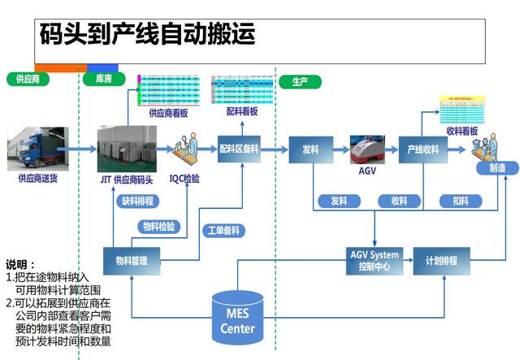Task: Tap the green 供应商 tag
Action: click(28, 80)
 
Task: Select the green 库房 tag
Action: click(103, 80)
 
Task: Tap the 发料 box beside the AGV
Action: click(310, 150)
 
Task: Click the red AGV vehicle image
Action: click(367, 149)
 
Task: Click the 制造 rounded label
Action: click(496, 167)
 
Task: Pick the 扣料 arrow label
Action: click(460, 201)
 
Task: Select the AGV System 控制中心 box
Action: click(374, 261)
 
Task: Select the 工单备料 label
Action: click(222, 231)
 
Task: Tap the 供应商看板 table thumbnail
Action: click(169, 90)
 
